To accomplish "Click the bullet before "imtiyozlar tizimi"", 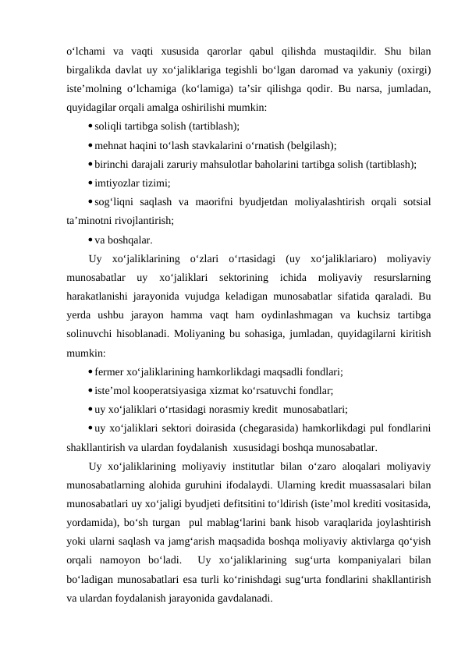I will [x=91, y=183].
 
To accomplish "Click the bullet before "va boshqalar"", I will [x=91, y=240].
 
